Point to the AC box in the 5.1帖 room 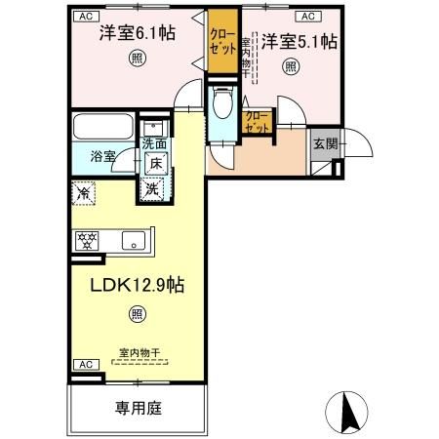306,17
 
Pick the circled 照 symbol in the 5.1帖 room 290,66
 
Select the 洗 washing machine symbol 152,189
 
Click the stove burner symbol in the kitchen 88,240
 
